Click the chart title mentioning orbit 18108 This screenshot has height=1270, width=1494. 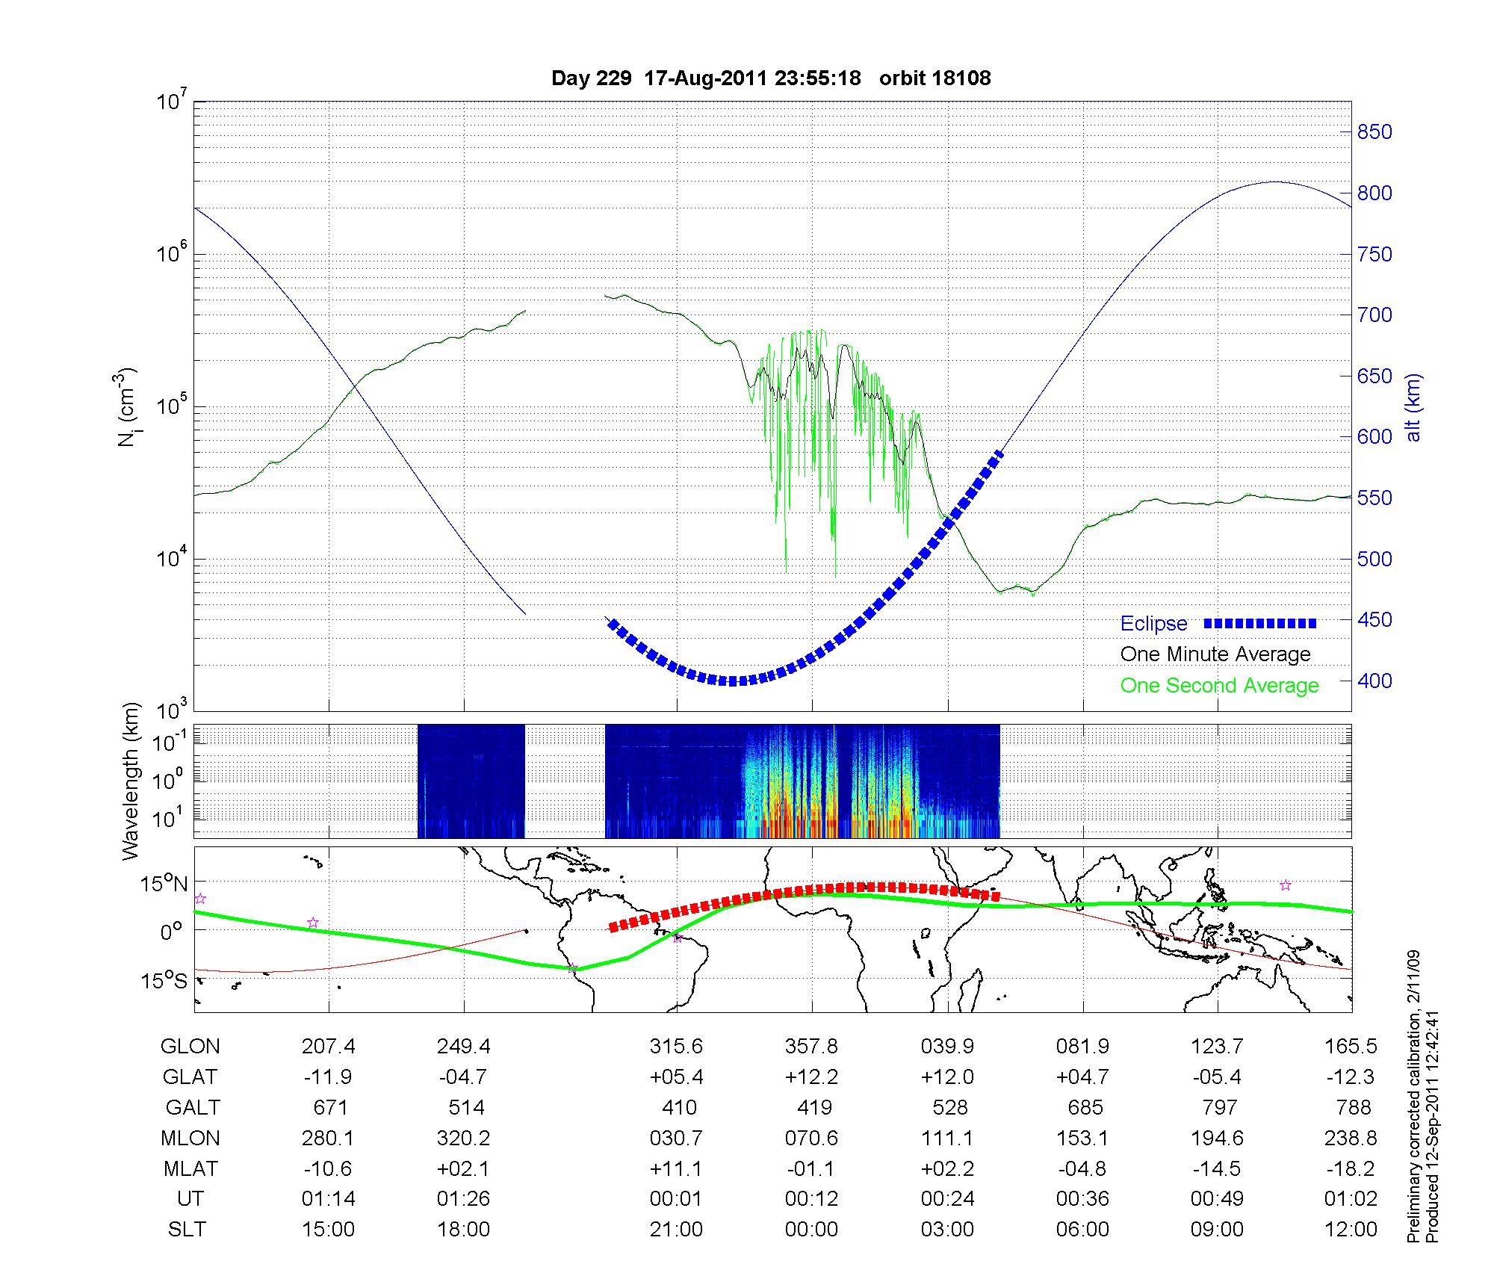(771, 78)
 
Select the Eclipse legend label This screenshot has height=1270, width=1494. (1153, 624)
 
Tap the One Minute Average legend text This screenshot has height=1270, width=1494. (1215, 654)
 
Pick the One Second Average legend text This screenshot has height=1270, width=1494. (1219, 686)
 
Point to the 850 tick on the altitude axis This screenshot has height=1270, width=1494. (1374, 132)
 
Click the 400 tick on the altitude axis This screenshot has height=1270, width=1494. (1374, 681)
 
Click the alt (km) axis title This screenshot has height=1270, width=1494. (1413, 407)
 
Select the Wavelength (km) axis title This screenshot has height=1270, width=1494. (131, 781)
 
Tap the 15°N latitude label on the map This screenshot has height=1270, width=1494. (165, 885)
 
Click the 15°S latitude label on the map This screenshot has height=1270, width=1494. (165, 980)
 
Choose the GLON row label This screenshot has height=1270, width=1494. (190, 1046)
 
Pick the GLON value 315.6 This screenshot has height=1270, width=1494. (676, 1046)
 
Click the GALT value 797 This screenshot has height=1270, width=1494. (1218, 1107)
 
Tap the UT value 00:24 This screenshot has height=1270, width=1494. (947, 1199)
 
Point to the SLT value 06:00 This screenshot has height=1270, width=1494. (1082, 1230)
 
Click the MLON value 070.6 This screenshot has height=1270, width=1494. (811, 1138)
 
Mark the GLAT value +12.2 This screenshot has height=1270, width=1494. (811, 1077)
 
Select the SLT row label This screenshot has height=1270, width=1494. (187, 1230)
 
